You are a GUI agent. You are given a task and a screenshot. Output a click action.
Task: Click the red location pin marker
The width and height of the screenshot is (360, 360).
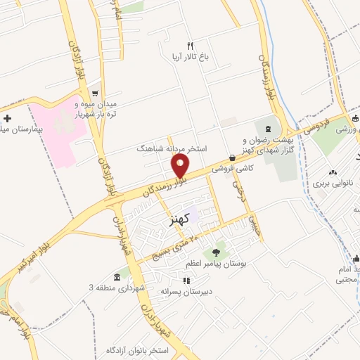tap(181, 166)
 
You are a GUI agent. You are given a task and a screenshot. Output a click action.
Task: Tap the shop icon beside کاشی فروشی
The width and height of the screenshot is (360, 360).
tap(232, 158)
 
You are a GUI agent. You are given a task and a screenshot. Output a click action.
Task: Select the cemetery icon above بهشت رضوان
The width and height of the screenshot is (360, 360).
tap(268, 127)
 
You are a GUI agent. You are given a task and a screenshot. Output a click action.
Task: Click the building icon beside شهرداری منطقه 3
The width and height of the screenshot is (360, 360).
tap(117, 278)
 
